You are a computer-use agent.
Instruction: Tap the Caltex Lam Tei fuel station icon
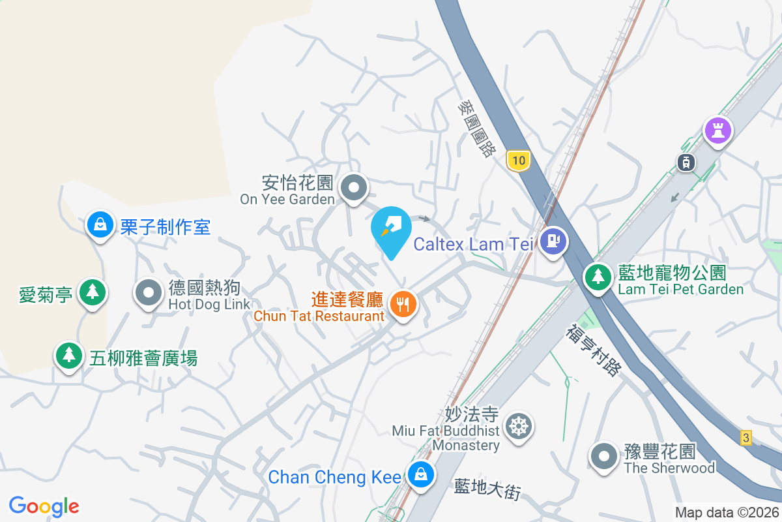pyautogui.click(x=553, y=241)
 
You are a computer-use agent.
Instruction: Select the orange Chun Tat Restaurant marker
pyautogui.click(x=403, y=303)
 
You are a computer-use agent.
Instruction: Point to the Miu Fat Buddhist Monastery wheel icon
pyautogui.click(x=519, y=427)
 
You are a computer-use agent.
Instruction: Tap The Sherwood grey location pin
pyautogui.click(x=603, y=456)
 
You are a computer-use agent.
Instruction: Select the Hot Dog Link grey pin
pyautogui.click(x=149, y=293)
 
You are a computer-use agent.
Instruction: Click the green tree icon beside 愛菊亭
pyautogui.click(x=93, y=292)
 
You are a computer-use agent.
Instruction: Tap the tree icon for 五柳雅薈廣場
pyautogui.click(x=68, y=355)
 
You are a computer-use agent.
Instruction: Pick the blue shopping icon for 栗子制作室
pyautogui.click(x=100, y=224)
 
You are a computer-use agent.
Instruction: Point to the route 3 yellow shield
pyautogui.click(x=746, y=438)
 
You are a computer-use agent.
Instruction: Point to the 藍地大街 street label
pyautogui.click(x=487, y=489)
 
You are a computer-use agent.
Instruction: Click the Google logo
pyautogui.click(x=44, y=506)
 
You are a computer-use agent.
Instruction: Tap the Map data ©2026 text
pyautogui.click(x=727, y=513)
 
